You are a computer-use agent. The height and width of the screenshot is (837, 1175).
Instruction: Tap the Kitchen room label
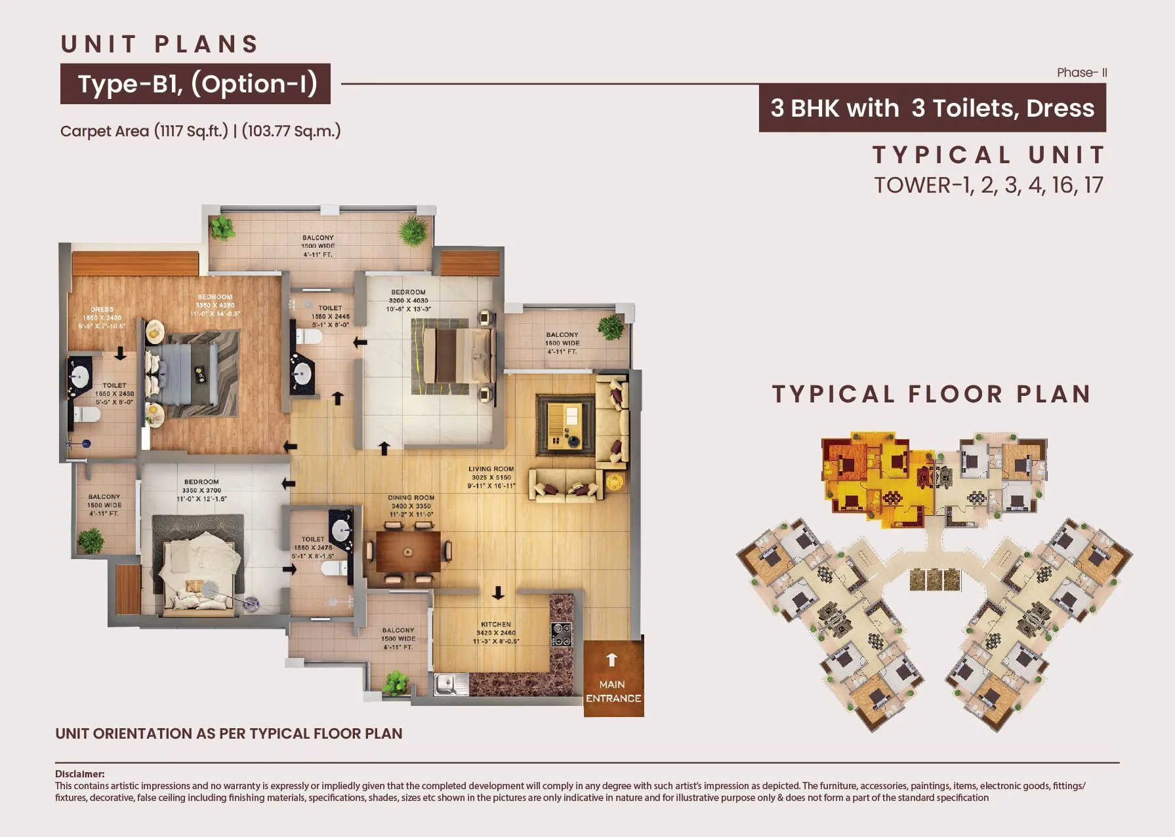(496, 633)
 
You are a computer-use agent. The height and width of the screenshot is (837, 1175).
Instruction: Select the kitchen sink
(451, 685)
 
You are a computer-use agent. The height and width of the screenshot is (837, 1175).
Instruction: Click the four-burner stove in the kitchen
(561, 634)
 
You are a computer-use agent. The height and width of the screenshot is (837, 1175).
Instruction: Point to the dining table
(408, 552)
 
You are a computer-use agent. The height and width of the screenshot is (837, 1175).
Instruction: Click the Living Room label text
(491, 477)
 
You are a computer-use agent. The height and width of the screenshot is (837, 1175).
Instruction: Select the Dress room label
(102, 317)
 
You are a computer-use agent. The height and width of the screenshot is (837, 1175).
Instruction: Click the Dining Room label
(411, 505)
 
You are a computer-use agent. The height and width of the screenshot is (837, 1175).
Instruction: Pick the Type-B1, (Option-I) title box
(196, 84)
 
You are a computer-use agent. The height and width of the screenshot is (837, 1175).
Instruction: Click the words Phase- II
(1081, 73)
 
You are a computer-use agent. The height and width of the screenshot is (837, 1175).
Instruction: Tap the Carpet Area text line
(200, 131)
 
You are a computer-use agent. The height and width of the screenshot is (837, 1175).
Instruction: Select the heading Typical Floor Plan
(932, 394)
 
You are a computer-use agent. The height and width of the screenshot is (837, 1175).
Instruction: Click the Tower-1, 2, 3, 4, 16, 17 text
(988, 185)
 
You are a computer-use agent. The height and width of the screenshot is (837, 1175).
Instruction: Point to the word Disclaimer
(79, 774)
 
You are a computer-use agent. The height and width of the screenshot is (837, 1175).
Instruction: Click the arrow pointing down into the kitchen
(498, 593)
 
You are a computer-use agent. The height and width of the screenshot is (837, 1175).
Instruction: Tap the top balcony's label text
(318, 246)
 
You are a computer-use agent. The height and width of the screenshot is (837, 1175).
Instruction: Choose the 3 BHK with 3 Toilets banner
(932, 108)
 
